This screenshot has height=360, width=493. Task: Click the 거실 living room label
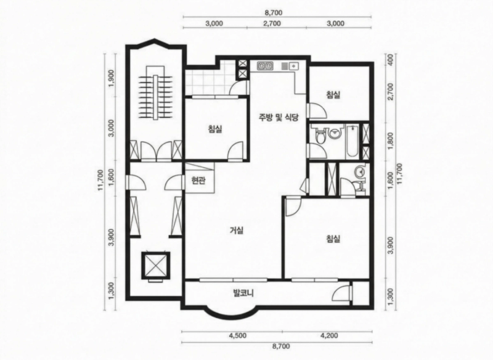(237, 231)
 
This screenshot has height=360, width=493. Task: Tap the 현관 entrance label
(198, 181)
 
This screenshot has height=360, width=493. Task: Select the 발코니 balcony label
(243, 293)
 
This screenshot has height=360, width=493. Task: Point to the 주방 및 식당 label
(278, 118)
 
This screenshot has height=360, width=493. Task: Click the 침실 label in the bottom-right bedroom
(333, 239)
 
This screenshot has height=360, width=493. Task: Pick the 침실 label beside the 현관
(215, 129)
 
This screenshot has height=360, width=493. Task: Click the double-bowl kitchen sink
(266, 66)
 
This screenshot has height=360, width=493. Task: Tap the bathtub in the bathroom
(352, 142)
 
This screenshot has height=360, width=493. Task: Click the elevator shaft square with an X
(155, 266)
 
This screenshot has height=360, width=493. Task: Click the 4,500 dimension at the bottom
(238, 335)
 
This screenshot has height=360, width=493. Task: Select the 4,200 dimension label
(329, 335)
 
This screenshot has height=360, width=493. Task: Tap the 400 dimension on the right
(390, 59)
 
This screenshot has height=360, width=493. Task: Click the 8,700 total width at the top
(273, 12)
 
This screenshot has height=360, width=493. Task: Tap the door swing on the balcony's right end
(341, 293)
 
